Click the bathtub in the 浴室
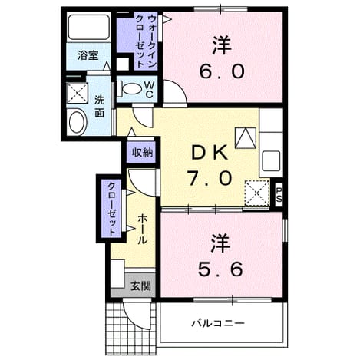coord(88,28)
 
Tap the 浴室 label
coord(88,55)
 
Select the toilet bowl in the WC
coord(131,89)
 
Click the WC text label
coord(149,89)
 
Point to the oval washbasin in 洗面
coord(77,122)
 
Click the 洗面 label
coord(99,107)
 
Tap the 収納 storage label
coord(142,153)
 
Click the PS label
coord(279,194)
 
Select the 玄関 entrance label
coord(140,286)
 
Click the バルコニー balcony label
coord(218,323)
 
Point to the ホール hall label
coord(143,229)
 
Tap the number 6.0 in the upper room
coord(222,72)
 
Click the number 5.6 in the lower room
coord(220,269)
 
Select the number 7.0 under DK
coord(210,178)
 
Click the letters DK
coord(210,153)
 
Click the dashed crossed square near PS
coord(257,193)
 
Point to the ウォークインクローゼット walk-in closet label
coord(146,41)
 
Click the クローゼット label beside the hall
coord(111,209)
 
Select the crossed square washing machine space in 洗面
coord(78,93)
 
